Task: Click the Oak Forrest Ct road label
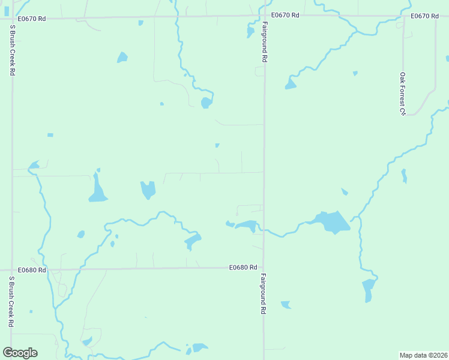pyautogui.click(x=403, y=94)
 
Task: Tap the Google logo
pyautogui.click(x=20, y=353)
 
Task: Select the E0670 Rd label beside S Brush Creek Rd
pyautogui.click(x=32, y=19)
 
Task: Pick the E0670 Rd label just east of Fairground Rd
pyautogui.click(x=285, y=15)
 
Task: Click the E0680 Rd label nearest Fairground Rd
pyautogui.click(x=243, y=267)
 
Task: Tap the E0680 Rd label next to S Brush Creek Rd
pyautogui.click(x=32, y=270)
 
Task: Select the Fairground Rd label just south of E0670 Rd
pyautogui.click(x=264, y=42)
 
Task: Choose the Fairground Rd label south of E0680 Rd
pyautogui.click(x=263, y=294)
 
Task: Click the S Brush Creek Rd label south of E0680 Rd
pyautogui.click(x=11, y=301)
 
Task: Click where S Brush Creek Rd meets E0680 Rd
pyautogui.click(x=12, y=270)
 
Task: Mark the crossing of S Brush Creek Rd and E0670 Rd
pyautogui.click(x=12, y=19)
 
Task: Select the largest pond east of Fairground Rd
pyautogui.click(x=331, y=221)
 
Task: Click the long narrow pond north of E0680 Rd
pyautogui.click(x=97, y=189)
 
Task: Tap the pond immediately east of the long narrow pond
pyautogui.click(x=148, y=190)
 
